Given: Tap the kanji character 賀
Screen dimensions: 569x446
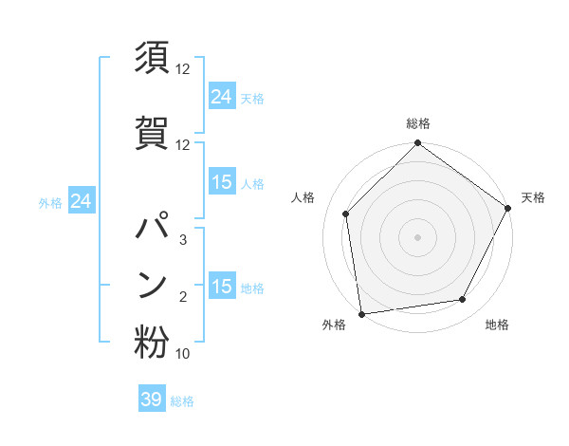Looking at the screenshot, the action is tap(152, 131).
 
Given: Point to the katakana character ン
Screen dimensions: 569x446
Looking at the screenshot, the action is tap(152, 284).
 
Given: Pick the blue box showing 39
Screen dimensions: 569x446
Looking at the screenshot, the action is tap(152, 400).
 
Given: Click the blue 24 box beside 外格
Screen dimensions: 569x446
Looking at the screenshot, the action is tap(81, 202).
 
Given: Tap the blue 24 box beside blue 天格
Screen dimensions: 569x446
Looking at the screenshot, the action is tap(221, 97).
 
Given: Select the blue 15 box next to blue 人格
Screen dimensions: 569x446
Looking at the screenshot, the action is tap(221, 182).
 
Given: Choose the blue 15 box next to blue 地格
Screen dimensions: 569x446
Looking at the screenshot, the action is tap(221, 287).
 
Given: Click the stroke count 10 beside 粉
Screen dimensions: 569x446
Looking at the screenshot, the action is tap(183, 354).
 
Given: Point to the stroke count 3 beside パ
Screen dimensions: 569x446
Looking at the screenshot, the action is tap(183, 240).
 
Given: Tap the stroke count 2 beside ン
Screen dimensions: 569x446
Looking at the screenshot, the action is tap(183, 297).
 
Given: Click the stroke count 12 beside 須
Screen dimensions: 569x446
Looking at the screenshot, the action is tap(183, 69).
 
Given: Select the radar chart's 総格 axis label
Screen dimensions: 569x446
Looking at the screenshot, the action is tap(417, 124).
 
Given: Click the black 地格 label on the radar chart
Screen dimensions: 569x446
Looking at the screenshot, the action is tap(497, 325).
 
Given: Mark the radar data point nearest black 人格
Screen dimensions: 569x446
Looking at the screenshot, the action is tap(346, 214).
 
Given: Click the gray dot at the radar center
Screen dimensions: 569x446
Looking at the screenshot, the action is tap(417, 236).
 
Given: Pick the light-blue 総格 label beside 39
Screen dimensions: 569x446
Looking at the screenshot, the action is tap(182, 401).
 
